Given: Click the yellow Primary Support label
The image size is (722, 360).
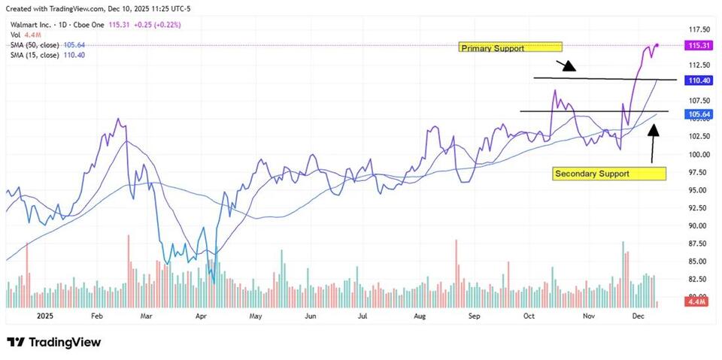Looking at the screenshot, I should click(x=511, y=47).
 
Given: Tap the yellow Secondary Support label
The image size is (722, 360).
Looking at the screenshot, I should click(x=609, y=174).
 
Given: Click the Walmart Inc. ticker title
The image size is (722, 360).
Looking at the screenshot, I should click(x=32, y=25).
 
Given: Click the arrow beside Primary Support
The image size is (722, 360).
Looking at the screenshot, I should click(x=566, y=65).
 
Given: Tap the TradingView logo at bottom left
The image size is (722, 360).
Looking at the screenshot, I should click(x=53, y=342).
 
